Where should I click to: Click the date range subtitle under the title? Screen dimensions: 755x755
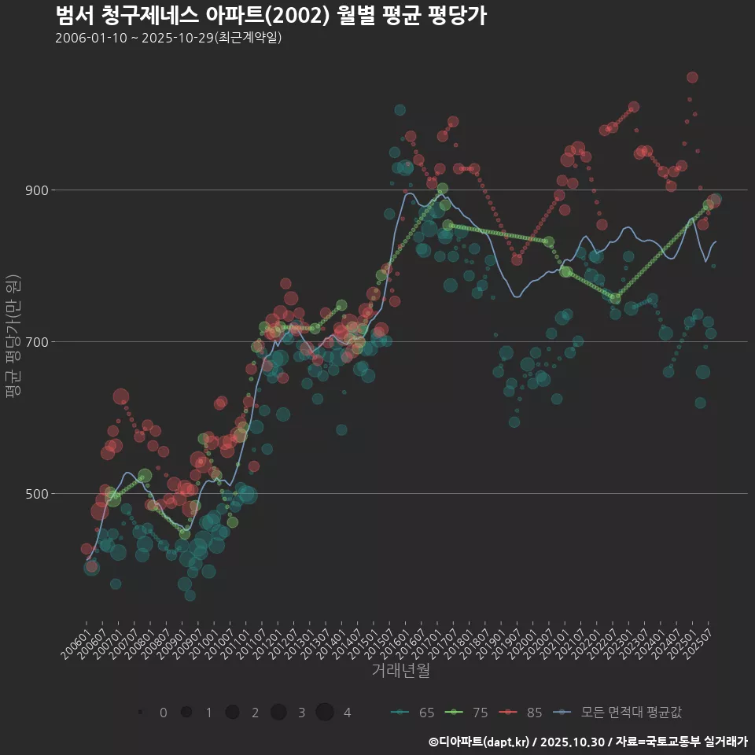168,39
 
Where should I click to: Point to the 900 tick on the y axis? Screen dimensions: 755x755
37,190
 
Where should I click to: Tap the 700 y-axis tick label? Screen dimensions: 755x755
37,342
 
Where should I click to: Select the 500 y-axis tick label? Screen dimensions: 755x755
37,494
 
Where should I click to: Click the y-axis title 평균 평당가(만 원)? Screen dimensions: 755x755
13,338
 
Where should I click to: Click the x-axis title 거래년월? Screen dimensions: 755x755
400,671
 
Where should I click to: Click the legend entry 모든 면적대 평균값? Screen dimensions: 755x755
617,713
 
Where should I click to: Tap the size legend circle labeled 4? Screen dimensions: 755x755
326,713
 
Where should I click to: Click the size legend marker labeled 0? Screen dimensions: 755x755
141,713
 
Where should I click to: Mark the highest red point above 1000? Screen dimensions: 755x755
692,77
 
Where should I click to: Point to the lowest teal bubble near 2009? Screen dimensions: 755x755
190,595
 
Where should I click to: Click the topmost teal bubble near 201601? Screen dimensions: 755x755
400,110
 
